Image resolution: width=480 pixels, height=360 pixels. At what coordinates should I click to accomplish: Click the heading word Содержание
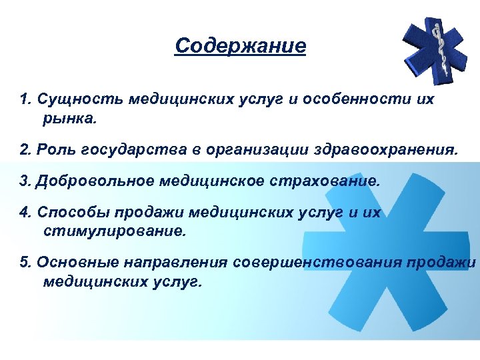point(240,46)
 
